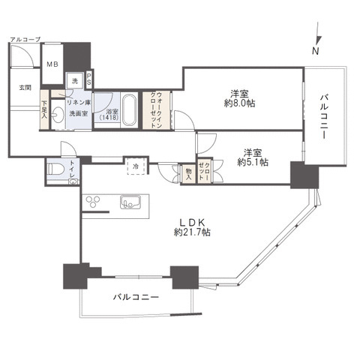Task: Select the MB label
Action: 52,64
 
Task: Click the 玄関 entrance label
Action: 25,87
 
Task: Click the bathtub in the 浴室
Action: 128,110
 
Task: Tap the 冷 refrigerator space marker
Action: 136,166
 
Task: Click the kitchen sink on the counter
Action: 129,202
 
